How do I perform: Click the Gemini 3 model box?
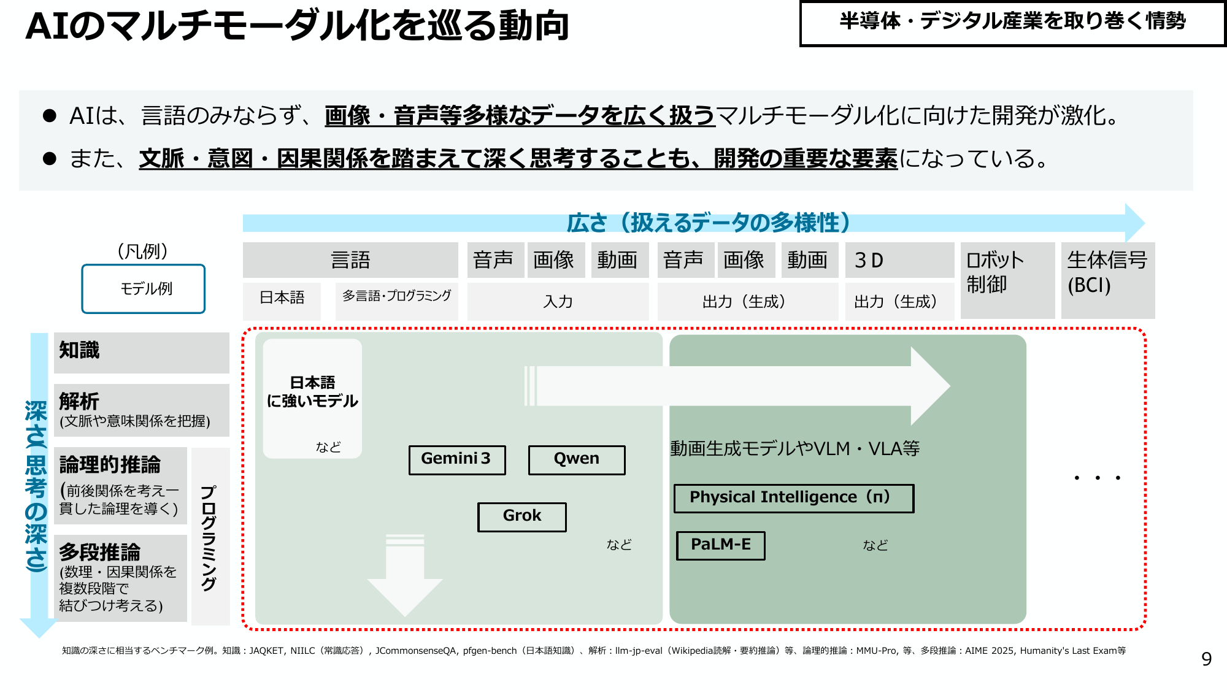click(x=457, y=460)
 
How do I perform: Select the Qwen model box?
click(x=577, y=460)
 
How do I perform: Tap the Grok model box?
click(x=522, y=517)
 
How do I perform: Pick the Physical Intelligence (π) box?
click(x=794, y=498)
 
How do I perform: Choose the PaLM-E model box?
click(x=721, y=545)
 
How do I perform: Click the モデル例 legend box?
click(x=144, y=289)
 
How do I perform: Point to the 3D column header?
click(x=899, y=260)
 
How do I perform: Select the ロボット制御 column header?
click(x=1008, y=280)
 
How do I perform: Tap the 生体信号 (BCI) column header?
click(x=1108, y=280)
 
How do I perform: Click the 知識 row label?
click(x=142, y=353)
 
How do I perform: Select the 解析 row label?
click(x=142, y=410)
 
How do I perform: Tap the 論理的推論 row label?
click(x=120, y=486)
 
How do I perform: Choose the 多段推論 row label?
click(x=120, y=578)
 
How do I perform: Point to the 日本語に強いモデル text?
click(x=312, y=392)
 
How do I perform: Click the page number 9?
click(x=1206, y=659)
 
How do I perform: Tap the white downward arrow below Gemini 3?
click(x=405, y=575)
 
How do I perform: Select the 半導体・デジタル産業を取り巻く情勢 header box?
click(x=1013, y=23)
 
